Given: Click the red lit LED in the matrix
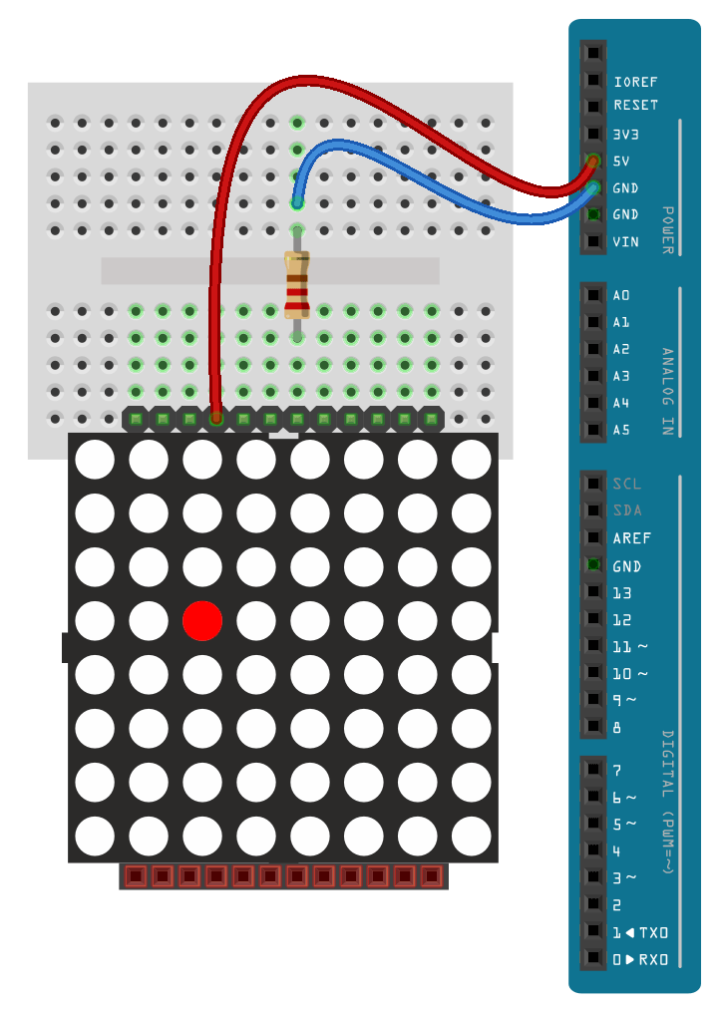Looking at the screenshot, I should click(x=202, y=620).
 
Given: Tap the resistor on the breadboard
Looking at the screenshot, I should click(x=297, y=285).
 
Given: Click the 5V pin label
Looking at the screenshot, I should click(x=621, y=161).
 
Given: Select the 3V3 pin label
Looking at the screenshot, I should click(x=626, y=134).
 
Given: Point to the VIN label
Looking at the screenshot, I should click(x=625, y=241).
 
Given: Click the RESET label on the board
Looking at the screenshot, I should click(x=635, y=105).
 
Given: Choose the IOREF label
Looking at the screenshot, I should click(x=635, y=82).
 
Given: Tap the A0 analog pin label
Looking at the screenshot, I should click(x=621, y=295).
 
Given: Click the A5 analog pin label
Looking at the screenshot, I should click(x=621, y=430).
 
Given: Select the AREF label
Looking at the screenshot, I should click(x=631, y=537).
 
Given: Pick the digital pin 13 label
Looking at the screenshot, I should click(x=621, y=592).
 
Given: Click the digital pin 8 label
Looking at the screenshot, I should click(x=617, y=727).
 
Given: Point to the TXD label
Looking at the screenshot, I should click(x=653, y=932).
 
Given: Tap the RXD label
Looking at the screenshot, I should click(x=653, y=959).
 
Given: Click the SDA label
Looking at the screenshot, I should click(x=627, y=510).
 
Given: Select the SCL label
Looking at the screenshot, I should click(x=627, y=484).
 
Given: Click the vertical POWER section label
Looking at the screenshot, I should click(x=667, y=230).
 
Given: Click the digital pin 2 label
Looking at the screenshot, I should click(x=617, y=905).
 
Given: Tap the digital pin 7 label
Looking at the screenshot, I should click(x=617, y=770).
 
